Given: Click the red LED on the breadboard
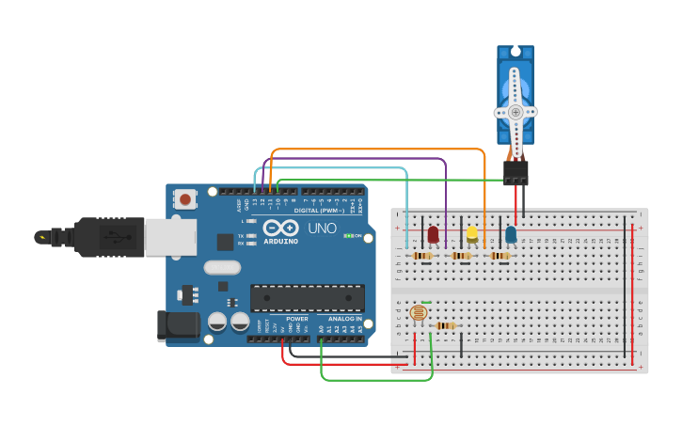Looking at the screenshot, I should (x=433, y=234).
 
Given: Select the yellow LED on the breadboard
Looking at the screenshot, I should (x=472, y=234).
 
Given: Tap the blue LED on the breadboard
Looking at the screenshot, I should (x=511, y=234).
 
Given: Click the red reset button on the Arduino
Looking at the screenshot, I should (x=186, y=198).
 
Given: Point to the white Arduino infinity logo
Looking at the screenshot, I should (x=281, y=229).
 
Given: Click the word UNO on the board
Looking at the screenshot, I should (x=322, y=229).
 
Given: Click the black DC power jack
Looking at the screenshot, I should (x=178, y=325).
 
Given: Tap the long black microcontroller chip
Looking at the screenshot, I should (x=307, y=298).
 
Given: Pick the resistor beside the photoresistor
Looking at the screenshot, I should (x=446, y=326).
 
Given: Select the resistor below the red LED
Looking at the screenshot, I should (x=422, y=255).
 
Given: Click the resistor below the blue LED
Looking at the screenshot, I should (x=500, y=255).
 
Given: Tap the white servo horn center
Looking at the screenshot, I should (x=515, y=112).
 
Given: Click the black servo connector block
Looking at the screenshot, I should (x=515, y=172).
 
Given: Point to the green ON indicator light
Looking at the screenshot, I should (x=349, y=235).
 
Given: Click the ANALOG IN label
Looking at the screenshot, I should (x=345, y=319).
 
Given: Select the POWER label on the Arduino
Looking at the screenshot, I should (x=296, y=319).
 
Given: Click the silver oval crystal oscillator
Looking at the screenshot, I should (x=222, y=267).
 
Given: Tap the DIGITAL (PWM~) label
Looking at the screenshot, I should (x=318, y=211).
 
